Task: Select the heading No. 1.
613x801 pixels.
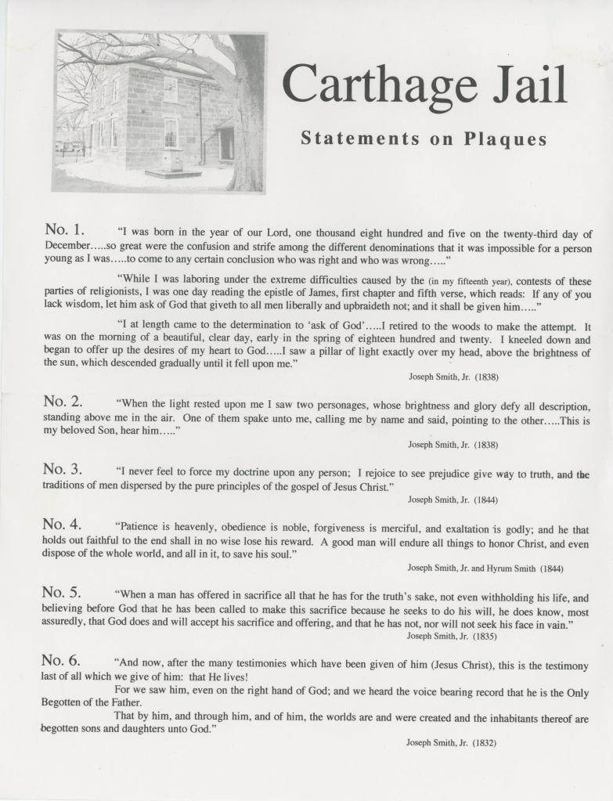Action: (x=64, y=229)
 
